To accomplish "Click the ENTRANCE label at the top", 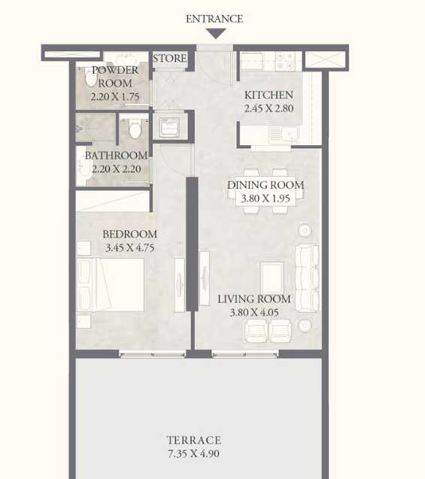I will pyautogui.click(x=214, y=19).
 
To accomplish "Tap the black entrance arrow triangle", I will pyautogui.click(x=216, y=33).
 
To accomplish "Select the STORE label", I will pyautogui.click(x=170, y=58).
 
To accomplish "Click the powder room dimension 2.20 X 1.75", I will pyautogui.click(x=115, y=97).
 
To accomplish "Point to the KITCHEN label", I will pyautogui.click(x=269, y=95).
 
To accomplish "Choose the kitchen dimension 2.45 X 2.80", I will pyautogui.click(x=269, y=109).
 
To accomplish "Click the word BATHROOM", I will pyautogui.click(x=116, y=156).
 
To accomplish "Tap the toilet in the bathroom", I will pyautogui.click(x=135, y=129).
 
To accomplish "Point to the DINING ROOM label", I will pyautogui.click(x=266, y=185).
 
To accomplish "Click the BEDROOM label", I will pyautogui.click(x=129, y=234).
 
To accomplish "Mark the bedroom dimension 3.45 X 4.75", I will pyautogui.click(x=129, y=247).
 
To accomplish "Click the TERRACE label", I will pyautogui.click(x=194, y=440).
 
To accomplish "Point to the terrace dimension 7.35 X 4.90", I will pyautogui.click(x=194, y=454).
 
